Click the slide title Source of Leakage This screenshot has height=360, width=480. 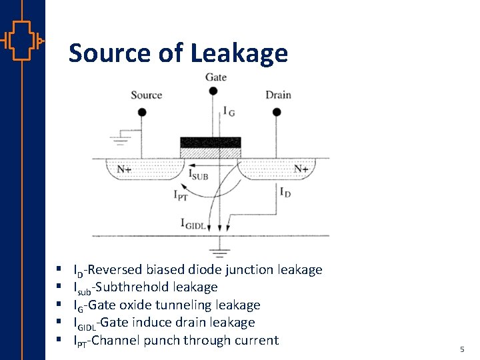178,53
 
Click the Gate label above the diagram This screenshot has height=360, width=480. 215,77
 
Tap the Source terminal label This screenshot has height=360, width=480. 146,95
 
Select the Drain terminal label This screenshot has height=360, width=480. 278,95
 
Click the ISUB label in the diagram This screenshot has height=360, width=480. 199,176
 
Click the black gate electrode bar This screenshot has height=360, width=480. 210,142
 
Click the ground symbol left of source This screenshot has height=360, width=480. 121,140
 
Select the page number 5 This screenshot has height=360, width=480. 461,349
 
